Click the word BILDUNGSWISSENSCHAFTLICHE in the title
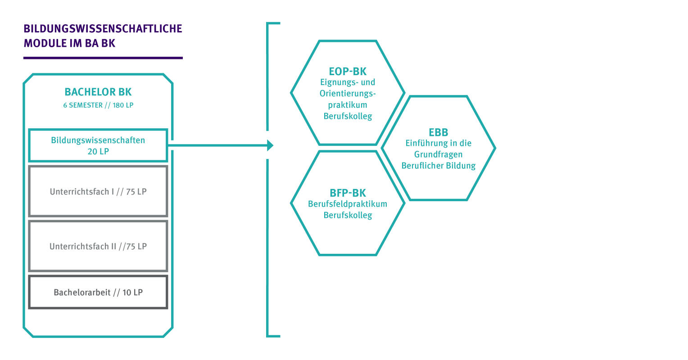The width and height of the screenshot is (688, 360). coord(103,29)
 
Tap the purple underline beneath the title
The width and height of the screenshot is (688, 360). coord(103,58)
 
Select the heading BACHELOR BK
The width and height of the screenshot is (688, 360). coord(98,92)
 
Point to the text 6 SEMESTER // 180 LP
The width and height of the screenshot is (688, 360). coord(98,105)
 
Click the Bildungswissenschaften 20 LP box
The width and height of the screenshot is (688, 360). coord(98,145)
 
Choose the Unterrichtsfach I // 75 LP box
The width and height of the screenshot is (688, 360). coord(98,191)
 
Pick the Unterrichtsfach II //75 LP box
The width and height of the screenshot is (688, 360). coord(98,246)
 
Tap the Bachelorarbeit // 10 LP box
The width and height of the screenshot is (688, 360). coord(98,292)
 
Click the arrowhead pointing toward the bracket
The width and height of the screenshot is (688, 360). coord(270,145)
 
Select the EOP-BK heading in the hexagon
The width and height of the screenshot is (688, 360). coord(348,72)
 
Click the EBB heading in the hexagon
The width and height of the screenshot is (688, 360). coord(438,132)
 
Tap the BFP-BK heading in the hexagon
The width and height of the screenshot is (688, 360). coord(348,193)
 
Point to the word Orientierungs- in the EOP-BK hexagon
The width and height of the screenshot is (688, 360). coord(348,94)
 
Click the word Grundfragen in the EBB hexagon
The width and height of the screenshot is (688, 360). coord(438,154)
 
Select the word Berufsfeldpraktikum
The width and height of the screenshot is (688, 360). coord(348,204)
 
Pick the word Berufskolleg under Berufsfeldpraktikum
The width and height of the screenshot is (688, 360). coord(348,215)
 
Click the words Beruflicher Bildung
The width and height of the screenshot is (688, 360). coord(438,166)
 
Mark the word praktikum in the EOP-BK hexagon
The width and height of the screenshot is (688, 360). coord(348,105)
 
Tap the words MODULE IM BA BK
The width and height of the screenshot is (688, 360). coord(69,44)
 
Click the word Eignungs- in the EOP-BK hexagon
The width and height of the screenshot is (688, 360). coord(335,83)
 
